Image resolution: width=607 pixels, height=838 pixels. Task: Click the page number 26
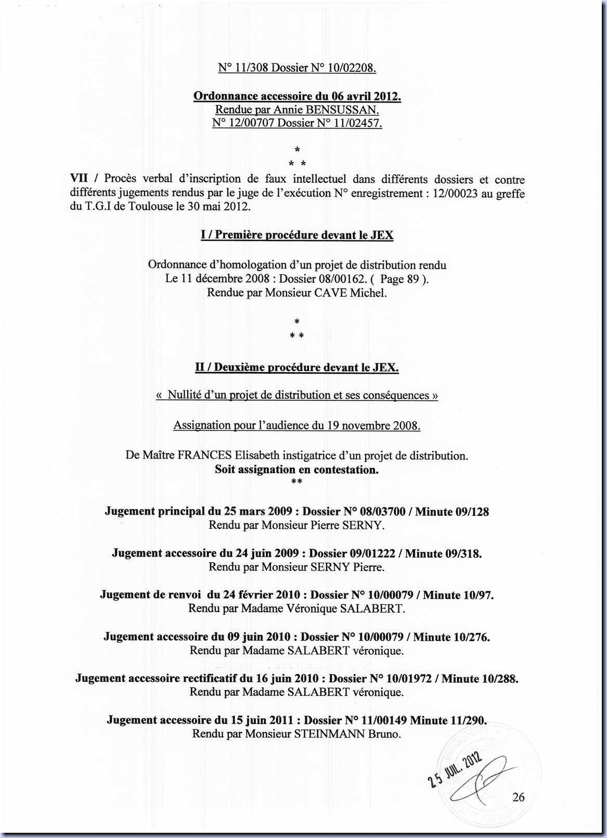518,796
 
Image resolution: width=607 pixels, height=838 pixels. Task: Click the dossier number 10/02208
349,68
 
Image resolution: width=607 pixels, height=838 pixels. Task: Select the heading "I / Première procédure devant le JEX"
297,235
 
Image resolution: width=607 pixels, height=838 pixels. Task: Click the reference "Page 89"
399,279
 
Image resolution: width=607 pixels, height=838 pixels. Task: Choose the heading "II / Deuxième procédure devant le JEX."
297,367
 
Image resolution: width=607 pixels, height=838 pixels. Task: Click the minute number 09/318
463,553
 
